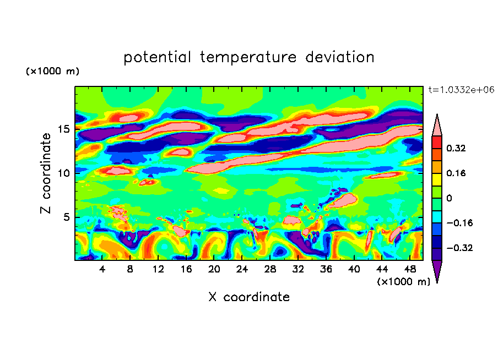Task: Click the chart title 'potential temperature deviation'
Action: tap(249, 57)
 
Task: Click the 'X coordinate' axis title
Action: tap(249, 297)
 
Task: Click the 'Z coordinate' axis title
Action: tap(46, 173)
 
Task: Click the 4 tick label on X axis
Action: tap(102, 269)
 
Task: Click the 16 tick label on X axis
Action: tap(186, 269)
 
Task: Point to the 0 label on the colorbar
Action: tap(450, 198)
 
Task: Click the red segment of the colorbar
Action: tap(437, 141)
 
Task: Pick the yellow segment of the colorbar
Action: tap(437, 179)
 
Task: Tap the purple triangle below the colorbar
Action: tap(437, 270)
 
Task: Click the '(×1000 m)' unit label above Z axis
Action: tap(53, 72)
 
